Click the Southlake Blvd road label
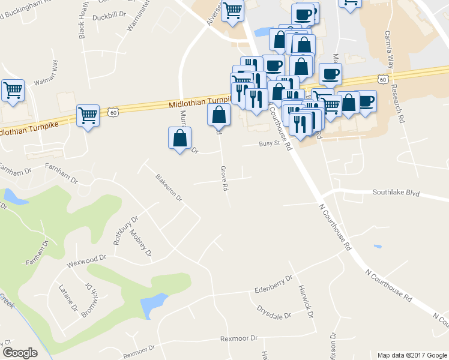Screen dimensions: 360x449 pyautogui.click(x=396, y=193)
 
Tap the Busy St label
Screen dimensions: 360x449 pyautogui.click(x=270, y=143)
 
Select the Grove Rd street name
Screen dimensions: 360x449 pyautogui.click(x=224, y=178)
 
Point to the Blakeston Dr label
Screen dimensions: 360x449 pyautogui.click(x=168, y=186)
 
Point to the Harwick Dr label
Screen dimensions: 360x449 pyautogui.click(x=304, y=301)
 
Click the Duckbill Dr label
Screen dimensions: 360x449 pyautogui.click(x=109, y=17)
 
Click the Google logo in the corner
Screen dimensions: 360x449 pyautogui.click(x=20, y=353)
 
